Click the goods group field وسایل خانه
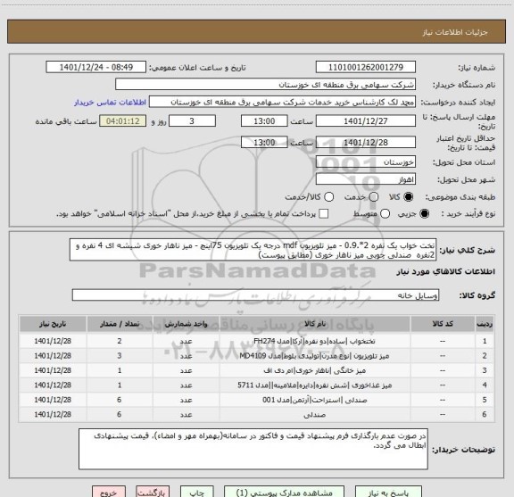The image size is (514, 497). (x=268, y=294)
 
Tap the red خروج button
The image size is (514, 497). (x=107, y=490)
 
